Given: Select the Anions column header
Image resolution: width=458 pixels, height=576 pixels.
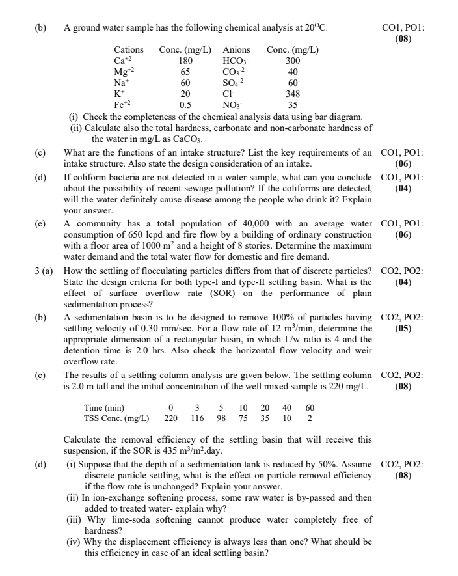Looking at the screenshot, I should [x=236, y=49].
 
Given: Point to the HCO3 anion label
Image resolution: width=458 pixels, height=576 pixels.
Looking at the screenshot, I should [x=235, y=61].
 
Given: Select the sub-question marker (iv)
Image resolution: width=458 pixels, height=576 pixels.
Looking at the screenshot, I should [x=74, y=542].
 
